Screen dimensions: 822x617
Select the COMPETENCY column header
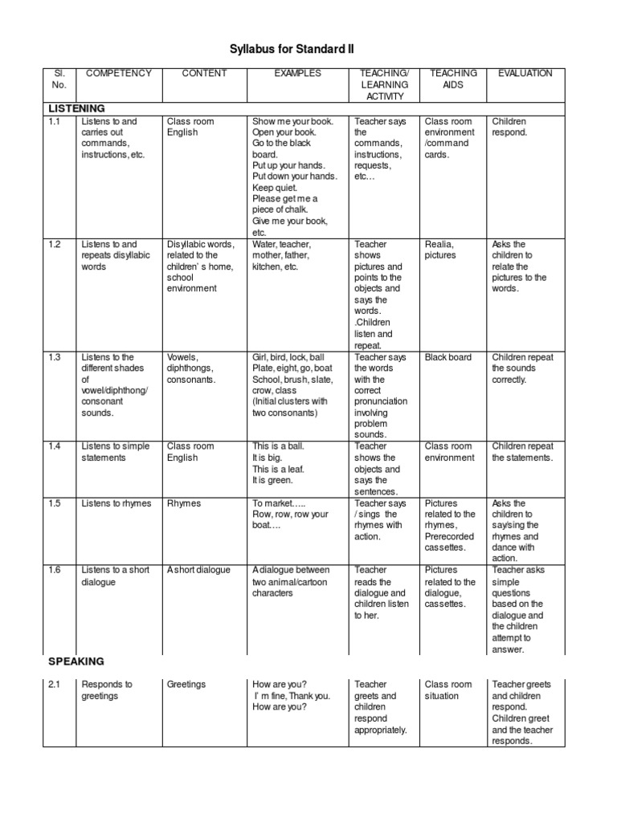118,73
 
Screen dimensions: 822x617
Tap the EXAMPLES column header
297,73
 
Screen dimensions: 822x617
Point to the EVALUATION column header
525,73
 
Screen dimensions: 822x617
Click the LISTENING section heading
77,108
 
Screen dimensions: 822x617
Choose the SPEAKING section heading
76,661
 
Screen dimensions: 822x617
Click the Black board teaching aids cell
448,357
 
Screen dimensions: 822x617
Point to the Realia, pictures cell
440,250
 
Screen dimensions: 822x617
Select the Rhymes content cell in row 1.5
184,504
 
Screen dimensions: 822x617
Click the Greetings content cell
186,685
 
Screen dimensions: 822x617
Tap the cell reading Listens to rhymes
116,504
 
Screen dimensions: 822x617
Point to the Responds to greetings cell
107,690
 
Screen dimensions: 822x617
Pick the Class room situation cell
448,690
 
